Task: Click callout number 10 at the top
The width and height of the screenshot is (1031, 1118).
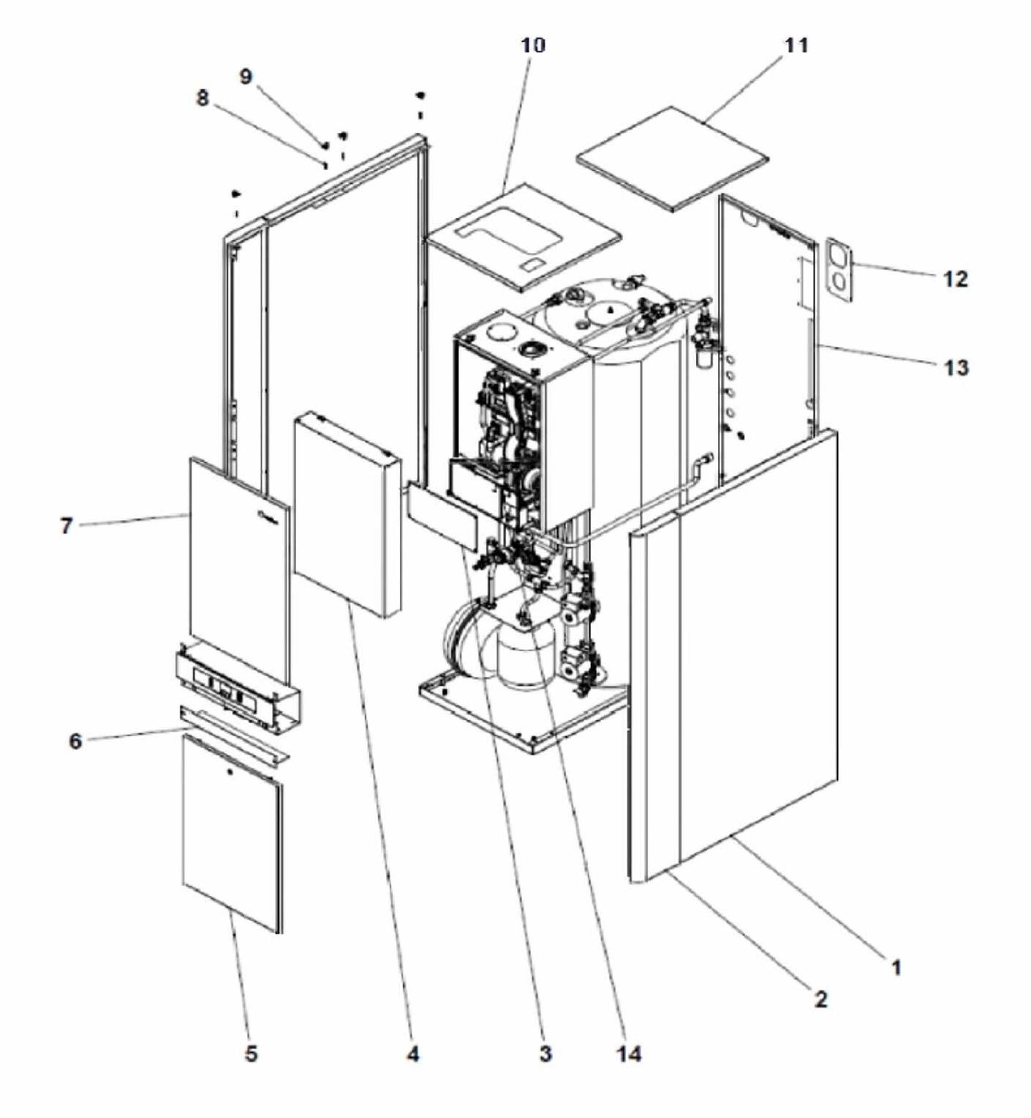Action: (533, 45)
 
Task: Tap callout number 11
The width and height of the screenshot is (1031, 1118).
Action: (796, 45)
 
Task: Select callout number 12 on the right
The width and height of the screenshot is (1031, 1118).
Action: (955, 279)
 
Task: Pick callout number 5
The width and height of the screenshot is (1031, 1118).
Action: (251, 1054)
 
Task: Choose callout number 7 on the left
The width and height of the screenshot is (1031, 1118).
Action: (67, 525)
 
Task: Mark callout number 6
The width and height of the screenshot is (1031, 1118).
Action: (76, 741)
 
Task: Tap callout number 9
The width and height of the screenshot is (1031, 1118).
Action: (246, 77)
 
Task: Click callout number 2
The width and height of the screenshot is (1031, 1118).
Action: (821, 999)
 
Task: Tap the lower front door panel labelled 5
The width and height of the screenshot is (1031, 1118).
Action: (231, 834)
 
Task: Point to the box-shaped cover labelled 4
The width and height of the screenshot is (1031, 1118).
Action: (347, 515)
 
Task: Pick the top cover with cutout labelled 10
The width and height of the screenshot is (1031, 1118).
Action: (523, 238)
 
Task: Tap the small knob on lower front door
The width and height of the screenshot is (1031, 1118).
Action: (231, 773)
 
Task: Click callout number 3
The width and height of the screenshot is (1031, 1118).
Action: (545, 1054)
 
